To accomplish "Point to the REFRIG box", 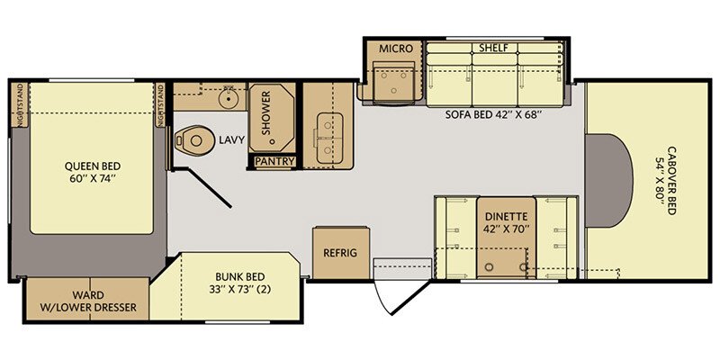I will pos(340,253).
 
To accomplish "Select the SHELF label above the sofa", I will pos(492,48).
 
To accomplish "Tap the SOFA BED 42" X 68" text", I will pos(493,114).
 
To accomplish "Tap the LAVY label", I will pos(229,140).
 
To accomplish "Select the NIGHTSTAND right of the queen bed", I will pos(161,107).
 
